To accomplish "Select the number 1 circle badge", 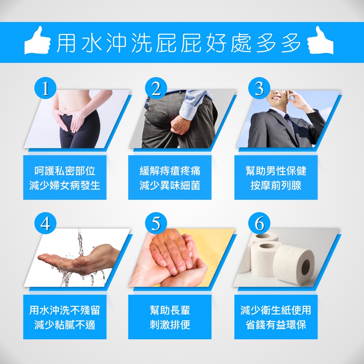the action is pyautogui.click(x=45, y=88).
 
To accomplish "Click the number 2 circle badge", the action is pyautogui.click(x=156, y=88).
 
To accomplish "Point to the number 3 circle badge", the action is pyautogui.click(x=259, y=88).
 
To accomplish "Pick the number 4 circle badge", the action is pyautogui.click(x=45, y=223).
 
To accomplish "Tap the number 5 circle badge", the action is pyautogui.click(x=156, y=223).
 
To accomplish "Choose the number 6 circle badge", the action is pyautogui.click(x=259, y=223).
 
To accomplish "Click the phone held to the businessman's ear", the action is pyautogui.click(x=289, y=95).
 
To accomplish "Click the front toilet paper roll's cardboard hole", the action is pyautogui.click(x=305, y=267).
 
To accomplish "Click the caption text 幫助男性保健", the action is pyautogui.click(x=276, y=171).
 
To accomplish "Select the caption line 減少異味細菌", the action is pyautogui.click(x=170, y=186).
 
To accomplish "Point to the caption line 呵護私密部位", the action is pyautogui.click(x=65, y=171).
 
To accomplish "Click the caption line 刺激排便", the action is pyautogui.click(x=170, y=325).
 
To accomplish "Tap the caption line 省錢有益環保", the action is pyautogui.click(x=276, y=325).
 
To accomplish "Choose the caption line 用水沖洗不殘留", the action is pyautogui.click(x=65, y=310).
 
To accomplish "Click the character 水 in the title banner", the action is pyautogui.click(x=92, y=43).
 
